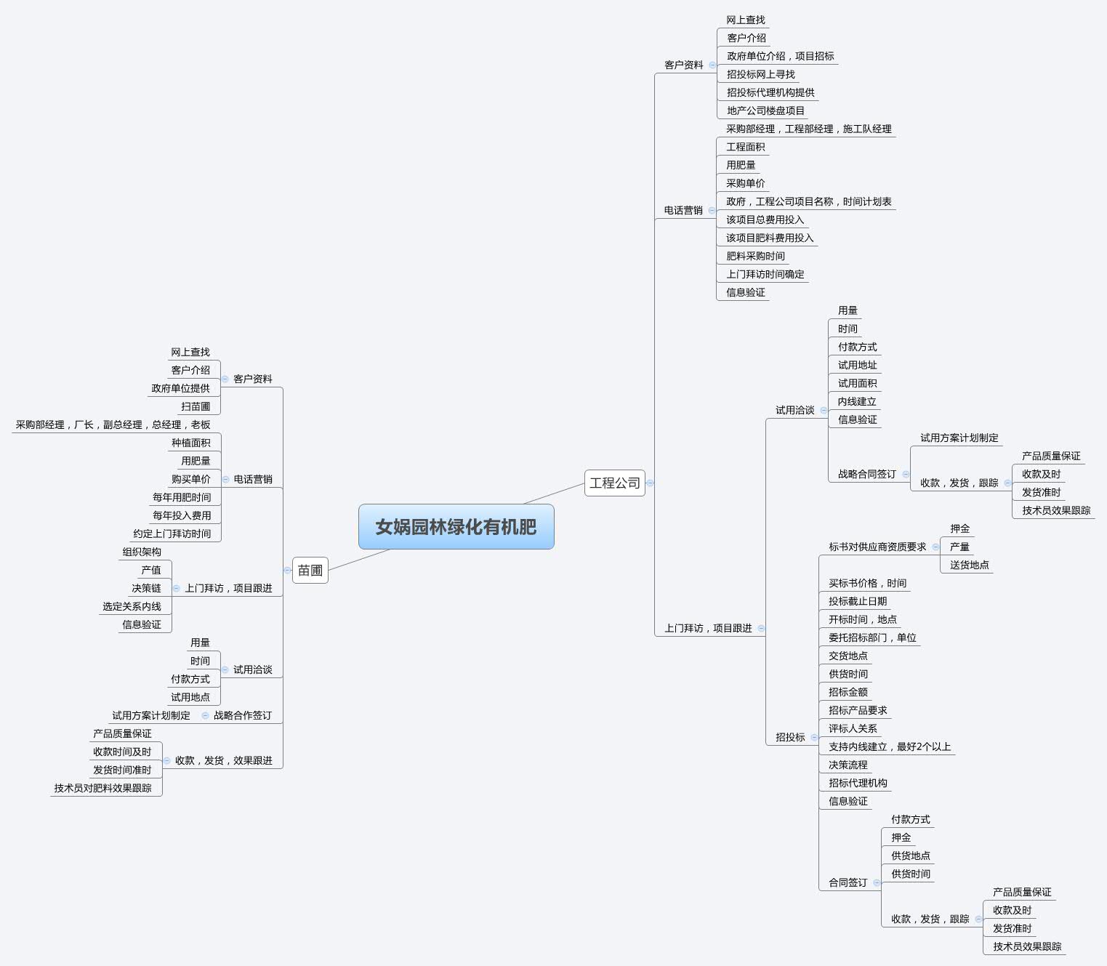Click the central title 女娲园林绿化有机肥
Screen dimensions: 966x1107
[456, 526]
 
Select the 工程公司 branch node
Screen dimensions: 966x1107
[615, 483]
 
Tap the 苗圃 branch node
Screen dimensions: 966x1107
[310, 570]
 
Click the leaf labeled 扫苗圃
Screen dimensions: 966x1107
[196, 406]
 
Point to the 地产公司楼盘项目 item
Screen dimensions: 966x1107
[765, 110]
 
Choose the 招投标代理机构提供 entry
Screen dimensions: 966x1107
[770, 92]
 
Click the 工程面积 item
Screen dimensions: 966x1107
[745, 147]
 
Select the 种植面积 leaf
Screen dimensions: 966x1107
[190, 443]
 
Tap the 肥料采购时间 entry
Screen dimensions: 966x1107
[755, 256]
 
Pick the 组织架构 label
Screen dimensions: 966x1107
[142, 552]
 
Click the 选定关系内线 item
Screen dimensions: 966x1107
[132, 606]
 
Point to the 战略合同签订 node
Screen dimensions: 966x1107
[866, 474]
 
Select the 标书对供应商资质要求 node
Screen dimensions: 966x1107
[877, 547]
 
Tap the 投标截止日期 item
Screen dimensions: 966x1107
[858, 601]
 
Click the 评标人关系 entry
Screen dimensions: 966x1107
[853, 728]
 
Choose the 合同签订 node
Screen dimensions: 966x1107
[848, 882]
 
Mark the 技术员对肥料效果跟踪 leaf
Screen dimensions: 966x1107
[102, 788]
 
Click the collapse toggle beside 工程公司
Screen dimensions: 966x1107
[651, 483]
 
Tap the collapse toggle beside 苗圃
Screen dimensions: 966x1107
[287, 570]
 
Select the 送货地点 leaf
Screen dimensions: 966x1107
[969, 565]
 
